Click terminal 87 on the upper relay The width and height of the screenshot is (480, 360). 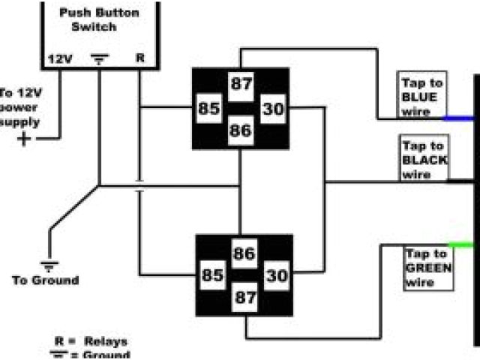click(241, 84)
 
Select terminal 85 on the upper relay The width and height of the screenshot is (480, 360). click(208, 108)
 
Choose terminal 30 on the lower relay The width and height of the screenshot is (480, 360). click(276, 276)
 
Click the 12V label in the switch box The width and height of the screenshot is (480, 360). click(59, 58)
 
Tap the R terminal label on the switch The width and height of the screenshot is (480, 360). click(139, 58)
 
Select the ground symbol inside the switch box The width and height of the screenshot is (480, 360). click(99, 58)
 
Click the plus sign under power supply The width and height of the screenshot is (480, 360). click(26, 139)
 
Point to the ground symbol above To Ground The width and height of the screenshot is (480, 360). click(49, 264)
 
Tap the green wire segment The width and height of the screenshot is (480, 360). click(460, 244)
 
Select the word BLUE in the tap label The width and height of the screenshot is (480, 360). click(418, 97)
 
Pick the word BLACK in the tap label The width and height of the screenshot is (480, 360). click(424, 160)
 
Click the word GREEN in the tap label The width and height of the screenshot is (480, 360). click(427, 268)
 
